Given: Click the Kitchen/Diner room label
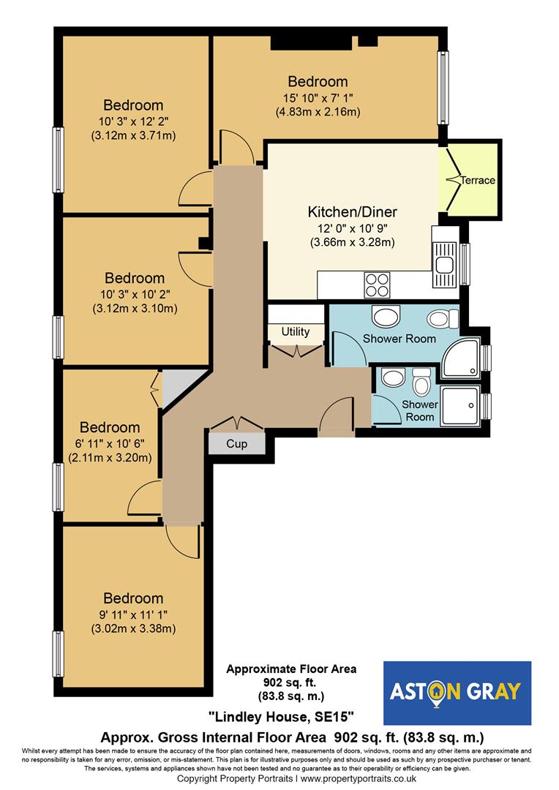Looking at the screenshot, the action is pos(353,212).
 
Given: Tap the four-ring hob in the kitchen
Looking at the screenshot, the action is pos(377,285).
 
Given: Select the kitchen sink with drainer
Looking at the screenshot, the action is pos(444,265).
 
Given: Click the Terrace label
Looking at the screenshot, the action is pos(477,181).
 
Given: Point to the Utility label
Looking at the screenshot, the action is pos(296,331).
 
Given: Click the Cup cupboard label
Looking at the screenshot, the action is pos(236,444).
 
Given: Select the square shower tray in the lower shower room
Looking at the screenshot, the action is pos(460,406).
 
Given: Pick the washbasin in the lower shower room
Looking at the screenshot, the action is pos(393,377).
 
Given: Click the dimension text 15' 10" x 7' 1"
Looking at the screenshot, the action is pos(318,98).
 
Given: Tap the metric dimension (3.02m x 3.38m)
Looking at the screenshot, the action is pos(134,629).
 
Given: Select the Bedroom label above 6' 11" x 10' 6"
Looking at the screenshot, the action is pos(110,427).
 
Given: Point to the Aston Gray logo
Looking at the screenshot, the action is pos(457,693).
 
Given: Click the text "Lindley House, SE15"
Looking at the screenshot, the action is pos(281,716).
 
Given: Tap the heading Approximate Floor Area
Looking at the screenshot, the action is pos(291,669).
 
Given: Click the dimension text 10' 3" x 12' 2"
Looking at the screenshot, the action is pos(134,121).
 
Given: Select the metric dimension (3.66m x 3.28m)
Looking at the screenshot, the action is pos(353,242).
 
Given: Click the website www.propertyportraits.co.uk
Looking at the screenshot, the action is pos(359,779).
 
